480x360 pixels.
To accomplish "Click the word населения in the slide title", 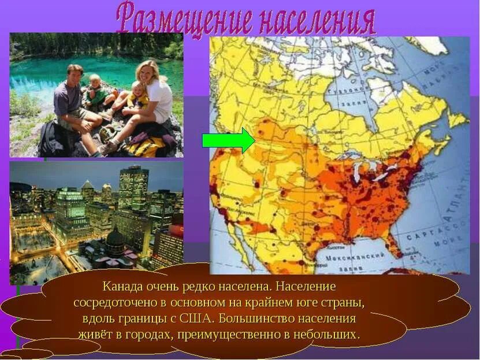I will [x=316, y=21].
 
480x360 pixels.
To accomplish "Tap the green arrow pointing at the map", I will [x=229, y=140].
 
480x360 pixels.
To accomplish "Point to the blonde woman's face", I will [x=144, y=72].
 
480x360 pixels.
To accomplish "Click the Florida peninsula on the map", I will [x=395, y=246].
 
